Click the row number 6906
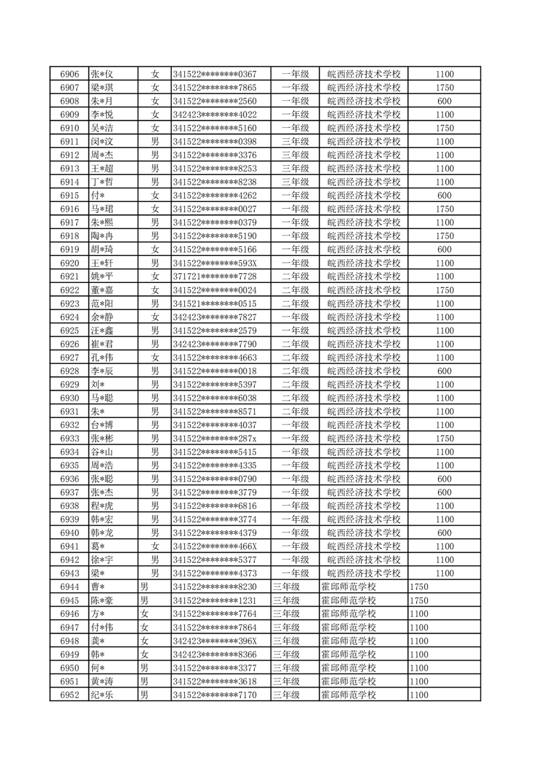69,74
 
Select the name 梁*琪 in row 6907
102,88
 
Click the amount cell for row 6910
444,128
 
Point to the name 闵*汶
102,142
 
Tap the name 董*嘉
102,290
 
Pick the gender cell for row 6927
155,358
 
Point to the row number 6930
69,398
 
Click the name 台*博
102,425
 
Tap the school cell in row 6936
363,479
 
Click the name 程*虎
102,506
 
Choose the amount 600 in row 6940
444,533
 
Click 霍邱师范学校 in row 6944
348,586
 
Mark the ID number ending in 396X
215,640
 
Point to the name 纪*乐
102,694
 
